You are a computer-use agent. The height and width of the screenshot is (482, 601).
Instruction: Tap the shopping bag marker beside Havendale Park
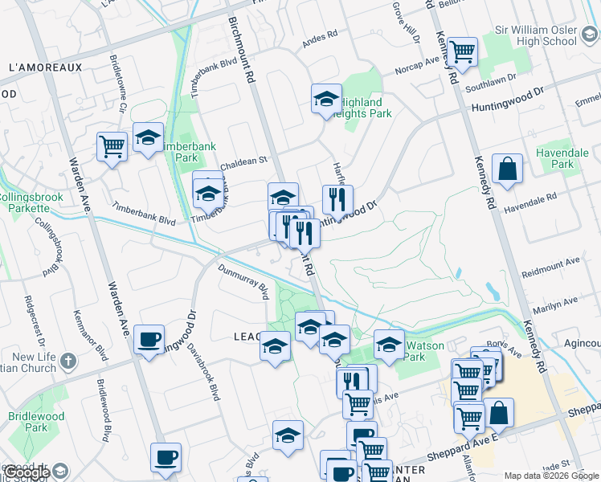click(507, 170)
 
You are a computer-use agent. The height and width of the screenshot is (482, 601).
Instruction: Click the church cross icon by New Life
click(67, 359)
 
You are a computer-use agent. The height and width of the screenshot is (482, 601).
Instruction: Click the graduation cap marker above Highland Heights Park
click(326, 100)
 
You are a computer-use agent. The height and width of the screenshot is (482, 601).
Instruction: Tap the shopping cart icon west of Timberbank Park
click(112, 147)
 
